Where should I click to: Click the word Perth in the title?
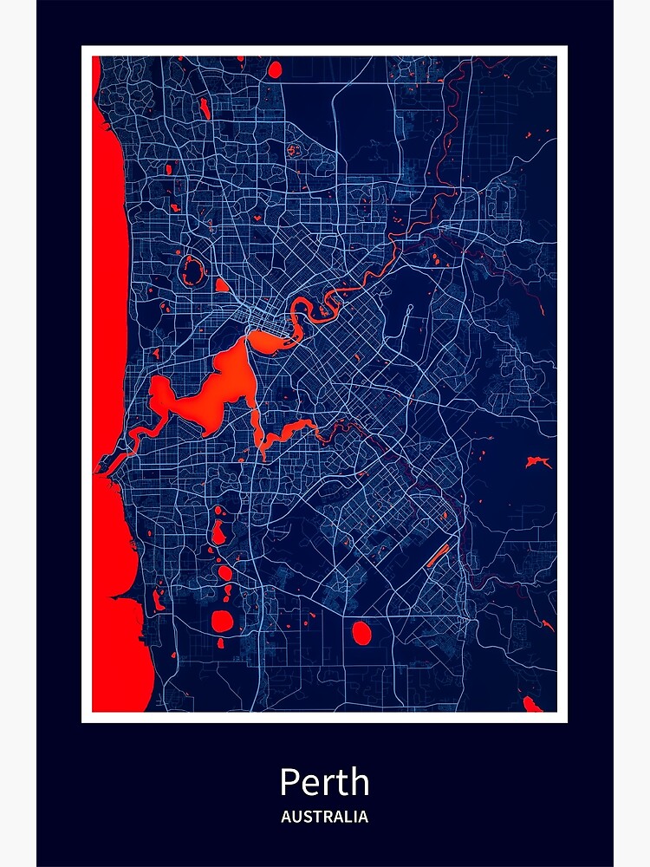tap(324, 782)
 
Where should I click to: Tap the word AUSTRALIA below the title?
tap(324, 817)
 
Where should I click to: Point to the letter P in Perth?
tap(289, 782)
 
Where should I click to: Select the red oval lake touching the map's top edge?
tap(275, 68)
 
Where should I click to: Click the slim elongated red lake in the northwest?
tap(205, 108)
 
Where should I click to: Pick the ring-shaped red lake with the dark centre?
tap(192, 271)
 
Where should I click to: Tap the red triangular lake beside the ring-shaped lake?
tap(221, 285)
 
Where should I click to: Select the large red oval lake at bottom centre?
tap(361, 633)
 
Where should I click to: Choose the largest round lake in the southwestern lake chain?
tap(224, 621)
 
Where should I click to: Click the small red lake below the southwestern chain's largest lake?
tap(219, 643)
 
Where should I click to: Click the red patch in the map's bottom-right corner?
tap(531, 704)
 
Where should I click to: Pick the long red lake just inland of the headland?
tap(159, 599)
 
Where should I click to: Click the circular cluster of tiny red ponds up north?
tap(293, 150)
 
